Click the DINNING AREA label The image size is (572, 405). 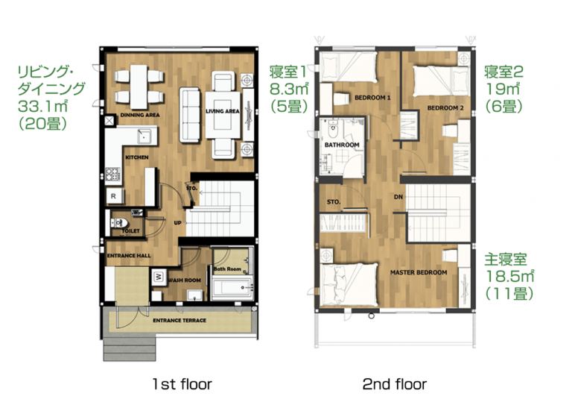pyautogui.click(x=140, y=115)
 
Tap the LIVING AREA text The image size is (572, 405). pyautogui.click(x=223, y=111)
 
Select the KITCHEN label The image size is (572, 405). pyautogui.click(x=137, y=157)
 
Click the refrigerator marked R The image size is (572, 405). pyautogui.click(x=114, y=196)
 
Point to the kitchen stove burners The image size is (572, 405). pyautogui.click(x=113, y=175)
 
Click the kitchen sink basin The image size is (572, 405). pyautogui.click(x=144, y=136)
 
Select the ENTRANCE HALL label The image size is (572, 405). pyautogui.click(x=129, y=256)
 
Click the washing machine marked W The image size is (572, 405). pyautogui.click(x=159, y=277)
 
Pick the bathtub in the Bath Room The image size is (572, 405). pyautogui.click(x=232, y=288)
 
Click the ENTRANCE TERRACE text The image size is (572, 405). pyautogui.click(x=179, y=320)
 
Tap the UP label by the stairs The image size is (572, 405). pyautogui.click(x=178, y=222)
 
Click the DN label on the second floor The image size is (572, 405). pyautogui.click(x=398, y=197)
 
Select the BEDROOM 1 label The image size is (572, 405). pyautogui.click(x=372, y=98)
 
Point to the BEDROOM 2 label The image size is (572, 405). pyautogui.click(x=445, y=107)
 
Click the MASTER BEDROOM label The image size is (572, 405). pyautogui.click(x=419, y=272)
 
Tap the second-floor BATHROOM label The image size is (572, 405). pyautogui.click(x=342, y=145)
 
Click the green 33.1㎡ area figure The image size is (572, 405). pyautogui.click(x=43, y=106)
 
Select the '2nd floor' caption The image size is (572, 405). pyautogui.click(x=395, y=384)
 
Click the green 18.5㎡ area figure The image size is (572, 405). pyautogui.click(x=509, y=276)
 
